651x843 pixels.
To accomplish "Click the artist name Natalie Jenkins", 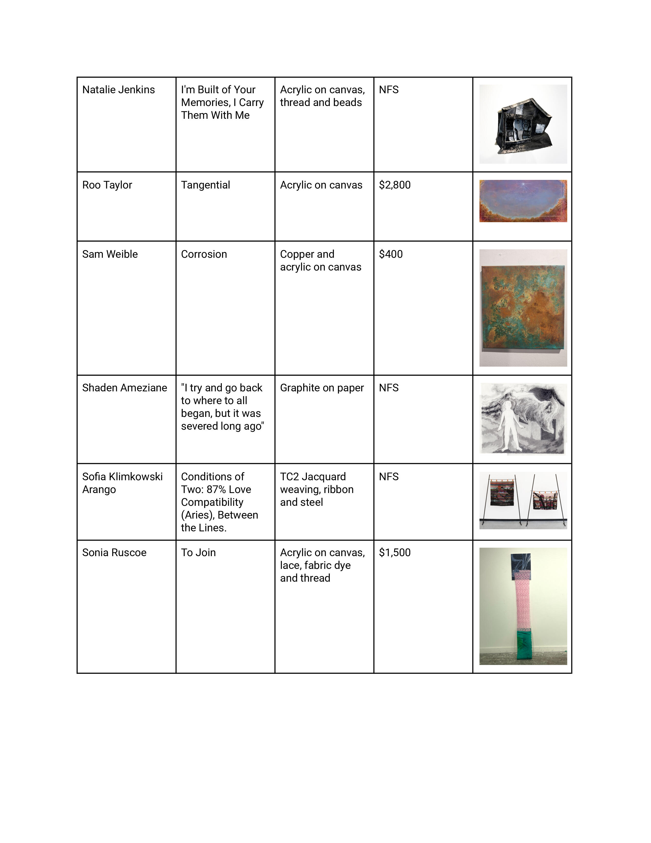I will [118, 90].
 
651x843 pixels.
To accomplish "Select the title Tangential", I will [206, 185].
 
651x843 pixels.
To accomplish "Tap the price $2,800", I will [394, 185].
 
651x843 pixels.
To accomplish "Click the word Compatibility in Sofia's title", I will [212, 502].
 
